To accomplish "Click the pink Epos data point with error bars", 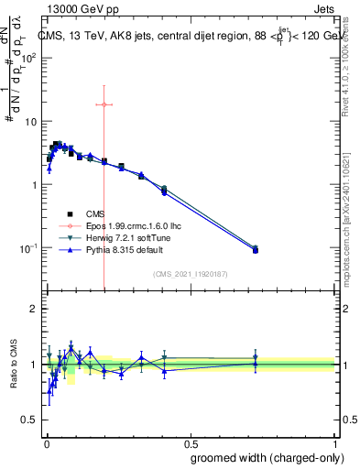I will (104, 104).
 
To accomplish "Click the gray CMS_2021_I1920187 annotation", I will (191, 274).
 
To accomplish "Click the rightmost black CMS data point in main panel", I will (256, 250).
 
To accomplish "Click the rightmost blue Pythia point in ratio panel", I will (256, 364).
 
